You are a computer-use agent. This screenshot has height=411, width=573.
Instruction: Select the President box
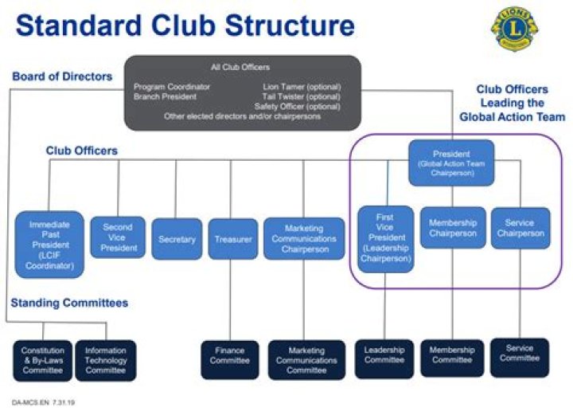(451, 162)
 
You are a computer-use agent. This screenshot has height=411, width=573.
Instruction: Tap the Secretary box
(177, 238)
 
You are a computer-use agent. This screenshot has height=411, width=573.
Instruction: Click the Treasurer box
(232, 238)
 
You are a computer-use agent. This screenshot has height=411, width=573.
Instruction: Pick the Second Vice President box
(118, 237)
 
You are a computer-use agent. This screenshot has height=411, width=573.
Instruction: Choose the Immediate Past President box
(49, 244)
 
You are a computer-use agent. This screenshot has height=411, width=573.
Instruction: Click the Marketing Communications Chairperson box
(303, 238)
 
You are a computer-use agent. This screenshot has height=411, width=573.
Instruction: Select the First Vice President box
(384, 238)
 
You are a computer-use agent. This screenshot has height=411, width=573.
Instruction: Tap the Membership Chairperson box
(452, 228)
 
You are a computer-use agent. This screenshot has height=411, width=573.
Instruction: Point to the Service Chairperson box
(520, 228)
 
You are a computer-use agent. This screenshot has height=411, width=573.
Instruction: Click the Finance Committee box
(229, 359)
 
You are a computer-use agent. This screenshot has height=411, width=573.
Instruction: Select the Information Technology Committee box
(105, 360)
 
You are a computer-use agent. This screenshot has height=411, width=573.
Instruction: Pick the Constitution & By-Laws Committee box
(43, 360)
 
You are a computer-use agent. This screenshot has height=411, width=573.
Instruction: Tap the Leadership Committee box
(384, 359)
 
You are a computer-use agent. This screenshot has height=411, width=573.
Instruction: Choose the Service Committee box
(520, 358)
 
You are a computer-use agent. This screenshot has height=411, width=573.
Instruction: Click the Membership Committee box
(452, 359)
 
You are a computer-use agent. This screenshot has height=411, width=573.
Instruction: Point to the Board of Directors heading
(62, 76)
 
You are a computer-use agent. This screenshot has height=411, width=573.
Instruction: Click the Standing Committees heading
(69, 303)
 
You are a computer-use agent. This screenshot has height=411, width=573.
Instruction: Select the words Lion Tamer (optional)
(301, 86)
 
